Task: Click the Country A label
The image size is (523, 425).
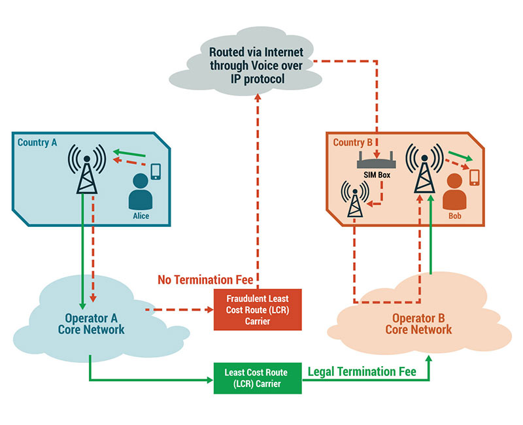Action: coord(37,142)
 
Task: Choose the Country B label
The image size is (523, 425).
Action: coord(353,142)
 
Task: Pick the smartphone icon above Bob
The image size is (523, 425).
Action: coord(474,177)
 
